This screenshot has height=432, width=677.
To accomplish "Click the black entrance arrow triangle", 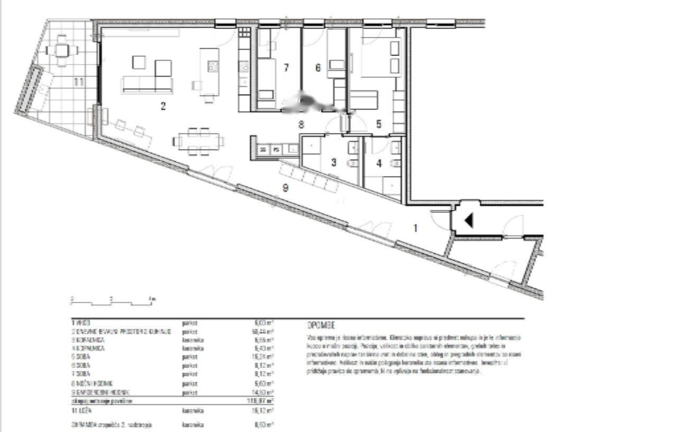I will point(468,221).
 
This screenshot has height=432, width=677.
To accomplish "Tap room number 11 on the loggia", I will point(79,82).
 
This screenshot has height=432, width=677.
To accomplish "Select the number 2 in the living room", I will point(163,106).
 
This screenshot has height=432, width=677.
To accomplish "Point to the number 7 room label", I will point(286,68).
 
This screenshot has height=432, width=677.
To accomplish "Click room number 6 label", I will point(318,68).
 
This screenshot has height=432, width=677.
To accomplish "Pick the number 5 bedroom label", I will point(379,125).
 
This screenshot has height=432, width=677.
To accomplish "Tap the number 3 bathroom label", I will point(334,162).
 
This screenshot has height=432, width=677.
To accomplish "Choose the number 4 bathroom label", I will point(379,162).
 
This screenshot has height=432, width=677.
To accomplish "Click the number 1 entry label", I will point(415,228).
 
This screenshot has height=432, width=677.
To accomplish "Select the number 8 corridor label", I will point(301,125).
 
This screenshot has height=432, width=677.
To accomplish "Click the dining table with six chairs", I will point(198,141).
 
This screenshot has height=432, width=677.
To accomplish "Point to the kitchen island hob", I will point(213,66).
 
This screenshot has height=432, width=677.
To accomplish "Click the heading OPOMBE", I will point(322,325).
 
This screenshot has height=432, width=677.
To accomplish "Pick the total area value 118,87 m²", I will point(263,401).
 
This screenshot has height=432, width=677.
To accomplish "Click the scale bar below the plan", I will point(113,302).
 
